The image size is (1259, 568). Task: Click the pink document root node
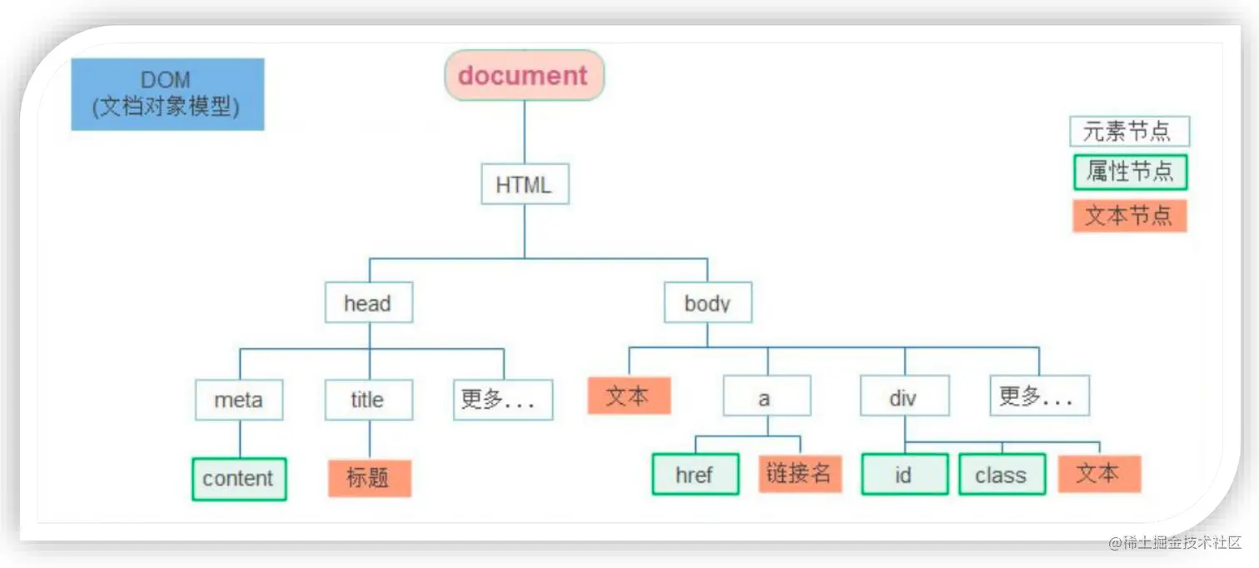click(x=524, y=76)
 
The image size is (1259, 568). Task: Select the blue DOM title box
click(x=167, y=94)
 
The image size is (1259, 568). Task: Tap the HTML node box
click(x=525, y=184)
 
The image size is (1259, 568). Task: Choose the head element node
click(x=368, y=303)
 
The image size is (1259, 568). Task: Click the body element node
click(x=708, y=303)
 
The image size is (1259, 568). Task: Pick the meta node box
click(x=239, y=400)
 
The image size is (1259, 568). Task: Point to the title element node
click(x=368, y=400)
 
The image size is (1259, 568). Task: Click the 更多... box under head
click(x=503, y=400)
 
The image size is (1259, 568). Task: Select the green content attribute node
click(x=239, y=479)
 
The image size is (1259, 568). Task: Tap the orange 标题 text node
click(x=369, y=478)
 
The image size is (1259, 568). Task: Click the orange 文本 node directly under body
click(x=629, y=396)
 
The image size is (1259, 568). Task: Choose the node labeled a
click(x=766, y=396)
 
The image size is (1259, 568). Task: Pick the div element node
click(x=904, y=396)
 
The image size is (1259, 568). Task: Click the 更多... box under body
click(x=1038, y=396)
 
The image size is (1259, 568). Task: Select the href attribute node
click(x=694, y=475)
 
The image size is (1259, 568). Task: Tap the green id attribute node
click(x=904, y=475)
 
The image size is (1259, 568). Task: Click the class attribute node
click(x=1002, y=475)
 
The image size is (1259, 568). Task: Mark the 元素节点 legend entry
click(x=1129, y=132)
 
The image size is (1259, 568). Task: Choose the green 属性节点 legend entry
click(x=1129, y=172)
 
